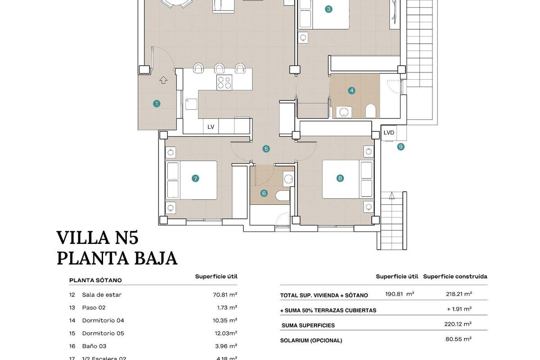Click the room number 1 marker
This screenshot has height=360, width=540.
point(157,103)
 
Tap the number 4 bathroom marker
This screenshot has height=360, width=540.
point(352,90)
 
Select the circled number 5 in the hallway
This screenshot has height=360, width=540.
point(266,148)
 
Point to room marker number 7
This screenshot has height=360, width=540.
point(195,179)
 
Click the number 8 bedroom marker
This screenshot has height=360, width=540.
point(340,178)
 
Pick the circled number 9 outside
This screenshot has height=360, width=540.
point(400,146)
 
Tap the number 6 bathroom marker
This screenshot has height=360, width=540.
point(264,193)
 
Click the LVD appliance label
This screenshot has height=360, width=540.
point(389,133)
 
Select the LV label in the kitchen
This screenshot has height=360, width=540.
point(211,127)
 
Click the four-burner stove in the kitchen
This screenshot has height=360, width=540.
point(224,83)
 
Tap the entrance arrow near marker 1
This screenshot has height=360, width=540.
point(163,80)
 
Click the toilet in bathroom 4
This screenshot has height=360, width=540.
point(370,111)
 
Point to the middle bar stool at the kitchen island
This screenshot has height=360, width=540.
point(219,68)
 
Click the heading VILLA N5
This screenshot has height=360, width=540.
point(97,238)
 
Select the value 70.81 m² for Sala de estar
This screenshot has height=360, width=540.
point(225,295)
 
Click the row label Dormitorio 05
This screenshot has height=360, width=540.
point(103,333)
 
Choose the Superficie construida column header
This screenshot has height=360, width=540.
point(455,276)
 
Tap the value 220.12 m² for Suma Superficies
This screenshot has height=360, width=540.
point(458,324)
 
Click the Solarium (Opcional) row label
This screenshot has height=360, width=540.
point(311,340)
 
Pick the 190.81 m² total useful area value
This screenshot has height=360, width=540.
point(399,294)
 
